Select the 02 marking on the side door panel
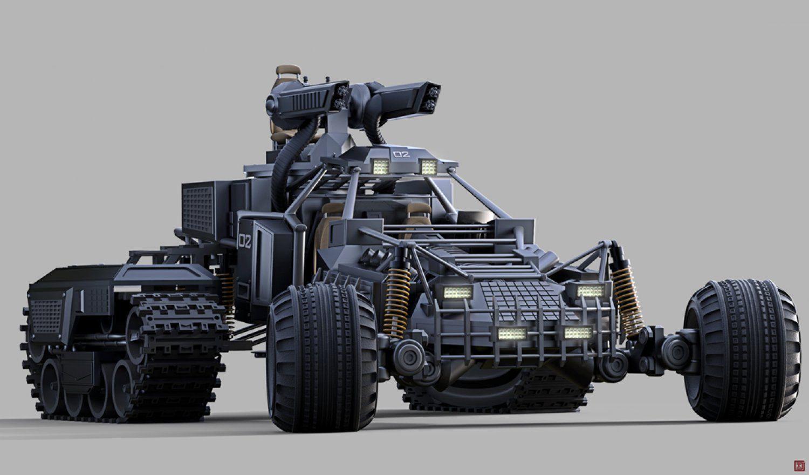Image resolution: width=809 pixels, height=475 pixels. (x=244, y=242)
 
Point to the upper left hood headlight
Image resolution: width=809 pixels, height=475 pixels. (x=457, y=293)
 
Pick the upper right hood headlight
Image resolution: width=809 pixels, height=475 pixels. (x=590, y=291)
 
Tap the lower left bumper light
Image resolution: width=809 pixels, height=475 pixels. (x=511, y=333)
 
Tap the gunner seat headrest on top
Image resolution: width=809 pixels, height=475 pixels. (x=288, y=71)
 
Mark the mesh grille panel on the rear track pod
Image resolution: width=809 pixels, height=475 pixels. (x=45, y=316)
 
